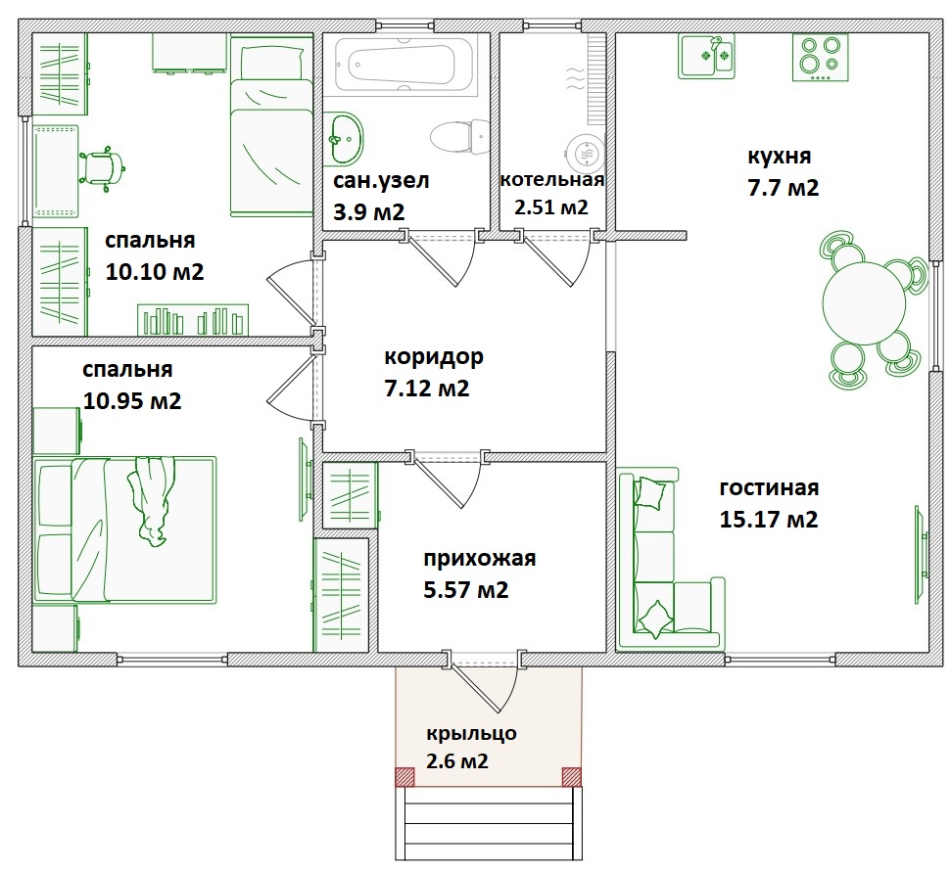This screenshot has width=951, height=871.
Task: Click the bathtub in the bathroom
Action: click(x=403, y=65)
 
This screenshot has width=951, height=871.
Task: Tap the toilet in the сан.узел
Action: click(x=460, y=137)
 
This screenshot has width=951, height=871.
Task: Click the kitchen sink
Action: click(x=706, y=57)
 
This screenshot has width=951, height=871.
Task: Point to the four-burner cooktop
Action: click(x=820, y=57)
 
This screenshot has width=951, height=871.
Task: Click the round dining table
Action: click(x=864, y=303)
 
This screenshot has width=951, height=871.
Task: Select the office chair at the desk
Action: click(x=102, y=168)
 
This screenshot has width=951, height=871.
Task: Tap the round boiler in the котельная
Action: click(x=586, y=154)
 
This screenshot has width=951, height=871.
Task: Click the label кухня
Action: click(x=779, y=157)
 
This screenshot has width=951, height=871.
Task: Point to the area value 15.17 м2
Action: click(x=769, y=520)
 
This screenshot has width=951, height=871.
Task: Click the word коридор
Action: click(x=434, y=357)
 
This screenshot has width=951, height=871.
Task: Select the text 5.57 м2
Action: click(x=466, y=589)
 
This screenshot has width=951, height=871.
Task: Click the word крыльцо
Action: click(x=471, y=733)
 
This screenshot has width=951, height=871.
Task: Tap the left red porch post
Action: click(x=404, y=776)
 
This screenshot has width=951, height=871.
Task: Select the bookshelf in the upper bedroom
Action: click(x=193, y=320)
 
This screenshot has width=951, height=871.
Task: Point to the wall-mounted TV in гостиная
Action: click(x=921, y=555)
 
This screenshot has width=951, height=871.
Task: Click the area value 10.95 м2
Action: click(x=131, y=400)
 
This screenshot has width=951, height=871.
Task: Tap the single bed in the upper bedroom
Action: click(x=270, y=125)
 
